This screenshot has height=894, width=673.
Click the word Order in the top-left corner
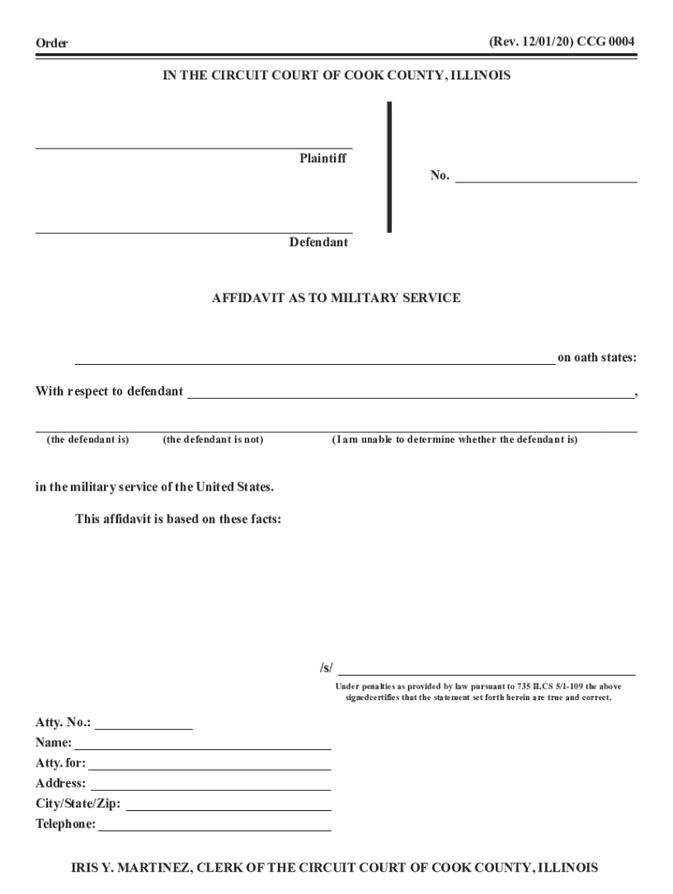click(52, 44)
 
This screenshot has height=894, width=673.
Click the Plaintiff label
click(323, 159)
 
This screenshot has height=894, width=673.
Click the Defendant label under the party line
click(319, 242)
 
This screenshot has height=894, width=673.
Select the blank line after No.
click(546, 180)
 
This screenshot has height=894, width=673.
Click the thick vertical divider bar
click(389, 166)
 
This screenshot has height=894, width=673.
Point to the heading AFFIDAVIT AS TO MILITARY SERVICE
click(336, 298)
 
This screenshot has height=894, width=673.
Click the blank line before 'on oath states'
click(315, 361)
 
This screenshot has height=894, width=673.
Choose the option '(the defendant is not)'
click(212, 440)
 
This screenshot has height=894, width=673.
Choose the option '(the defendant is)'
click(87, 440)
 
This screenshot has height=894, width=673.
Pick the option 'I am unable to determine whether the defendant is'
click(454, 440)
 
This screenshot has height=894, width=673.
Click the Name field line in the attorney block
click(203, 747)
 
